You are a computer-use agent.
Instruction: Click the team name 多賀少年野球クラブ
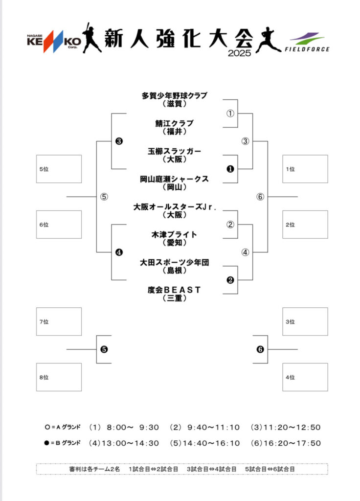click(x=174, y=95)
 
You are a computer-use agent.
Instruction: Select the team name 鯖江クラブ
click(x=174, y=123)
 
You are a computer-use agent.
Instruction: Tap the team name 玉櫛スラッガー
click(x=174, y=151)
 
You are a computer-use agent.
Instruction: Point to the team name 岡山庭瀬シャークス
click(x=174, y=179)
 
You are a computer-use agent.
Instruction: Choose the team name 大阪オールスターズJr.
click(x=174, y=207)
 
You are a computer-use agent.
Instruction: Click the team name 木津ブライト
click(x=174, y=235)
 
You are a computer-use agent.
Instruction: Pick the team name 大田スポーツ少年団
click(x=174, y=263)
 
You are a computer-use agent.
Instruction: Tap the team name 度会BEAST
click(x=174, y=290)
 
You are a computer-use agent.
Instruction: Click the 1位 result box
click(x=305, y=169)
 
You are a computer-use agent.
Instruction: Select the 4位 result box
click(x=305, y=377)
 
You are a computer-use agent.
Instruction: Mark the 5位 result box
click(x=59, y=169)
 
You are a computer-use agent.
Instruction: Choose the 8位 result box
click(x=59, y=377)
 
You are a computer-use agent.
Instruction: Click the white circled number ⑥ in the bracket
click(x=260, y=197)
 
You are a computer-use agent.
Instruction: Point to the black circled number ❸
click(x=119, y=141)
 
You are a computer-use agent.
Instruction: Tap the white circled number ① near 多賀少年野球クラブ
click(x=230, y=114)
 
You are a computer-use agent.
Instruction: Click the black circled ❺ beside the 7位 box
click(x=104, y=349)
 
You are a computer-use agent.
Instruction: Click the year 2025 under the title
click(x=239, y=53)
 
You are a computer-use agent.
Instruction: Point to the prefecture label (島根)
click(x=174, y=271)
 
